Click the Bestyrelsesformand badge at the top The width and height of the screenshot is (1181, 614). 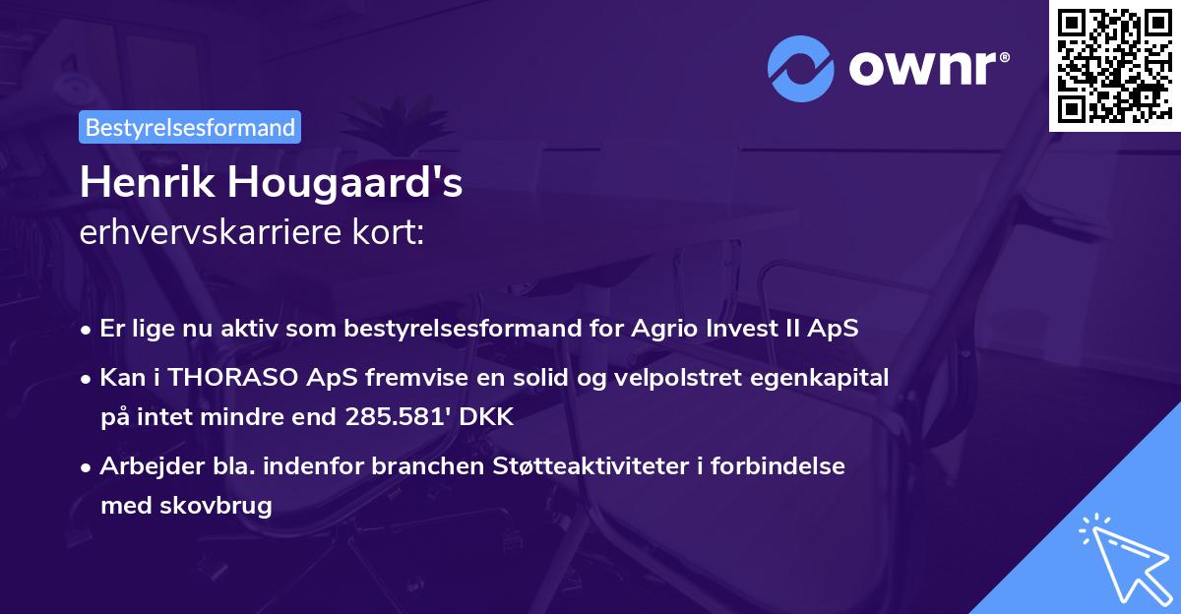point(190,127)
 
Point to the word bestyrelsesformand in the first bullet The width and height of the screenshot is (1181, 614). point(453,329)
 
